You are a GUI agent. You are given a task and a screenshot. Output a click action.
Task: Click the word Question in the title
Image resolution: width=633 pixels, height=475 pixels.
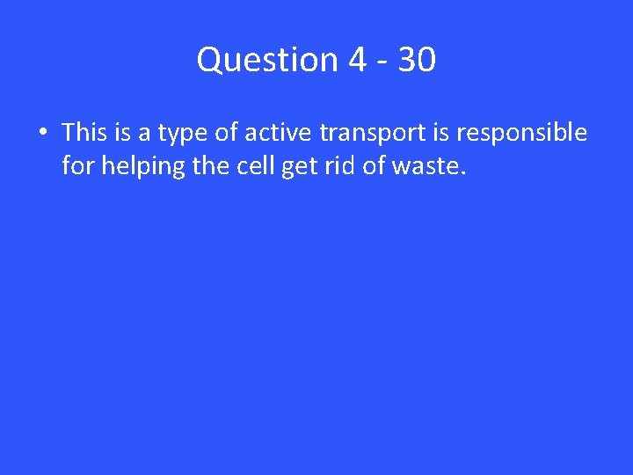[x=267, y=61]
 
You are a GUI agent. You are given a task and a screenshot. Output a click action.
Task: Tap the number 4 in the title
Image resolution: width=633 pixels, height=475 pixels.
[x=358, y=61]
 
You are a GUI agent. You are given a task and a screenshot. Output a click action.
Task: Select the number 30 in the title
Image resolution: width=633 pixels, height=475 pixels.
[x=416, y=61]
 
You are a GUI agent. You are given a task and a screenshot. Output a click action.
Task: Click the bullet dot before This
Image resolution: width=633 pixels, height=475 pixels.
[x=42, y=134]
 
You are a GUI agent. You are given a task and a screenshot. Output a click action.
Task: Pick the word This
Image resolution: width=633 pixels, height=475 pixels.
[x=84, y=133]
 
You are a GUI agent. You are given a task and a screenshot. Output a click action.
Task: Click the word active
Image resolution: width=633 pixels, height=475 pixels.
[x=278, y=133]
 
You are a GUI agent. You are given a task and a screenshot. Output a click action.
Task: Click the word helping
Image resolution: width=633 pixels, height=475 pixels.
[x=142, y=166]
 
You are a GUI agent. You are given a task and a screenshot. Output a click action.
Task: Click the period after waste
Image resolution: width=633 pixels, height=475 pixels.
[x=462, y=172]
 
